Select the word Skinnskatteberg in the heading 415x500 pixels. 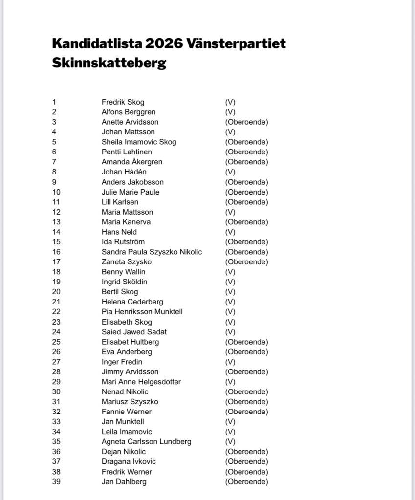click(109, 63)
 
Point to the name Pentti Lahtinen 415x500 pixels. click(127, 152)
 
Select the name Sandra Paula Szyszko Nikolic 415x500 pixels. click(152, 252)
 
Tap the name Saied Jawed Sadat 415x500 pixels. click(134, 332)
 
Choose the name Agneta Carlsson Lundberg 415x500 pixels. click(147, 441)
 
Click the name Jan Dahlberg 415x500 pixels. click(124, 481)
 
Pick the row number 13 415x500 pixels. click(56, 222)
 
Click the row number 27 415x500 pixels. click(56, 362)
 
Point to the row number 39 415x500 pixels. click(56, 481)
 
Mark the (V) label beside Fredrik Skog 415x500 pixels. click(230, 102)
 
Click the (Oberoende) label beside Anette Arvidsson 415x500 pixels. click(246, 122)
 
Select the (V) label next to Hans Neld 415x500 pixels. click(230, 232)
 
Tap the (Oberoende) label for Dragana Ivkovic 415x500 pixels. click(246, 461)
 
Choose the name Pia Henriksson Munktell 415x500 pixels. click(142, 312)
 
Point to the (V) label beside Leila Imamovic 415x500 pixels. click(230, 432)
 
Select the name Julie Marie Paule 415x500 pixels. click(131, 192)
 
